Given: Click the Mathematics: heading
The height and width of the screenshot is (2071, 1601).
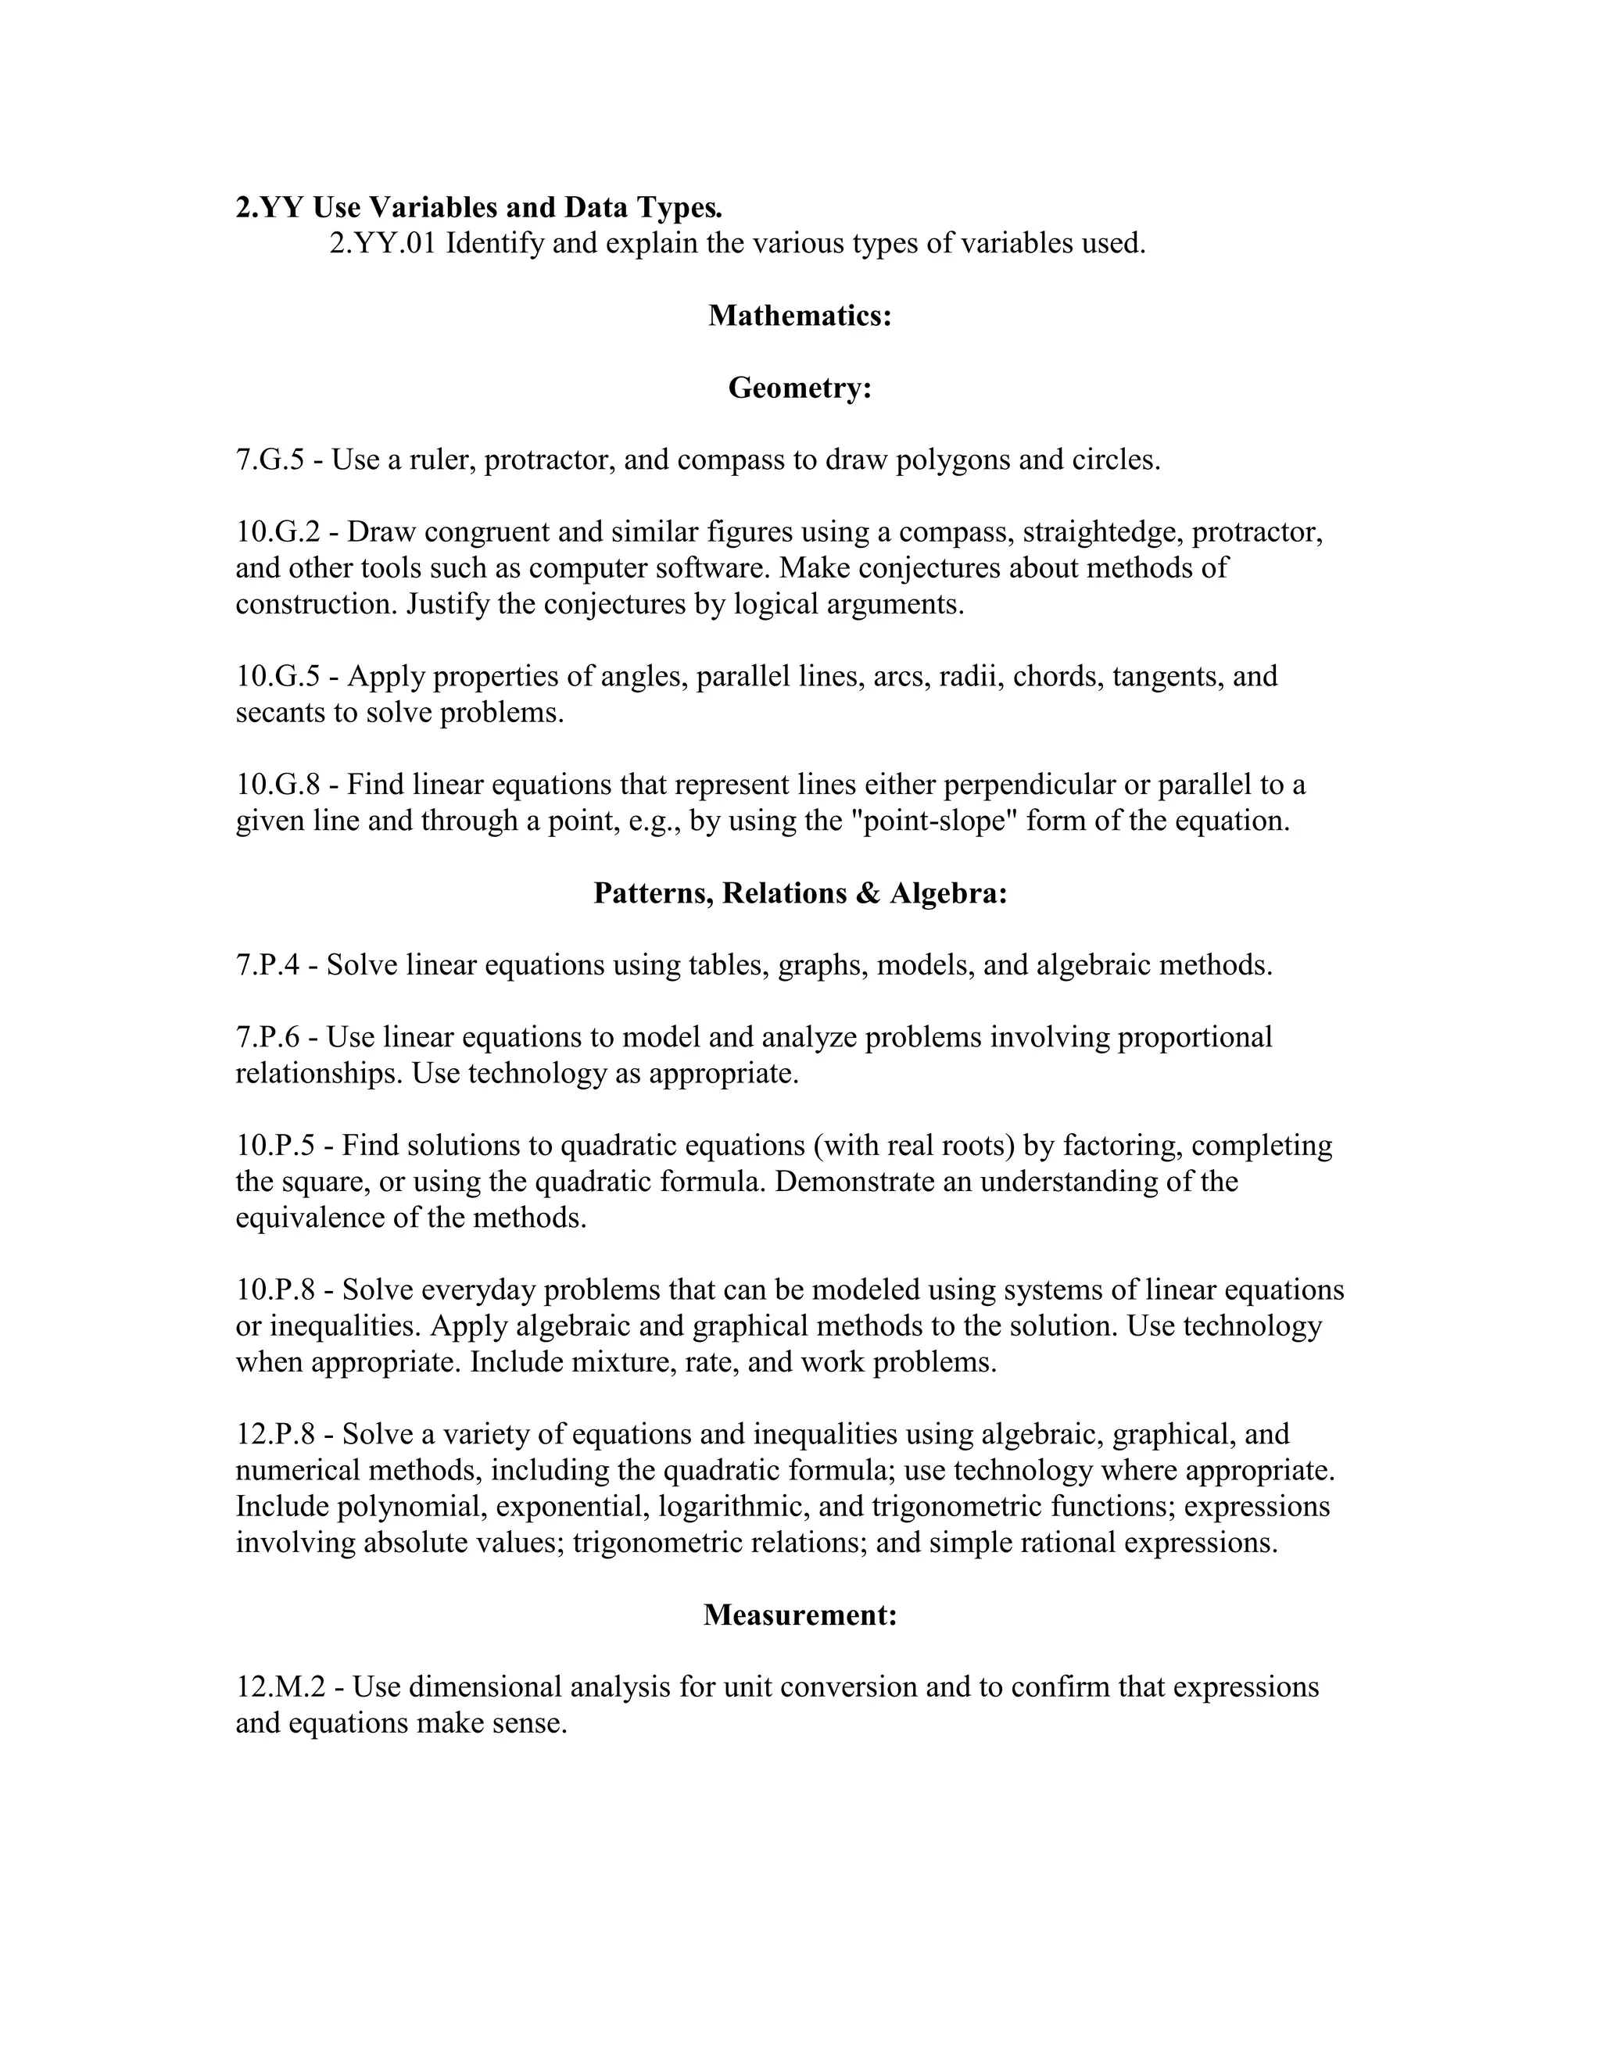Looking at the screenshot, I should [x=800, y=316].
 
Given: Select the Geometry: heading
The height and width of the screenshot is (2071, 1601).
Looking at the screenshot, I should [x=800, y=388].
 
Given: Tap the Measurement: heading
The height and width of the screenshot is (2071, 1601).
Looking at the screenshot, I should [x=800, y=1615].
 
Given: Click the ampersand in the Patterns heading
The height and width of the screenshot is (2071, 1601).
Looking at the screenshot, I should [x=867, y=893].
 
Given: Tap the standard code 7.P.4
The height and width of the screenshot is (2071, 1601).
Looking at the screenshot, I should [x=267, y=965].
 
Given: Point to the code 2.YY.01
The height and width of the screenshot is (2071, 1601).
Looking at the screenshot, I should [x=383, y=244].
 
